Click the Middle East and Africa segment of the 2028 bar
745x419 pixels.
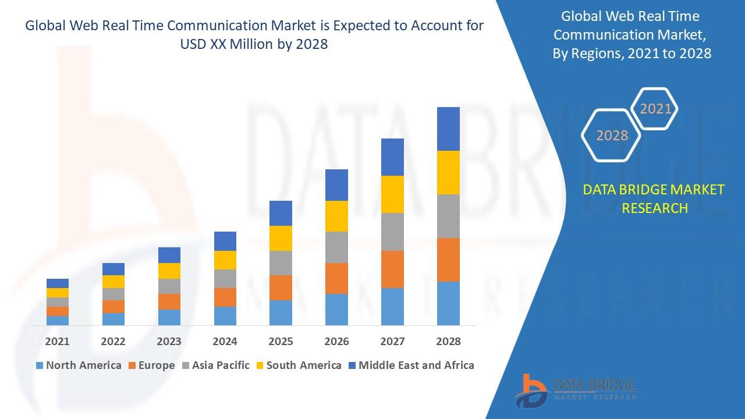point(448,129)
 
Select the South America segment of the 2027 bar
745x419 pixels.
point(392,194)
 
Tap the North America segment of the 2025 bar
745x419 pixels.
point(281,313)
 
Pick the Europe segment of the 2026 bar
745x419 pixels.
point(336,278)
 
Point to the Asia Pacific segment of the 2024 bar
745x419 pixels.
point(225,278)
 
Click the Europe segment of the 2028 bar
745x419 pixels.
point(448,260)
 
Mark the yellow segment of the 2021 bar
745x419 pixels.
point(58,293)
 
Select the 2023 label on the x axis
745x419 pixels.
point(169,342)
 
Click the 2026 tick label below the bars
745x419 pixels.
point(336,342)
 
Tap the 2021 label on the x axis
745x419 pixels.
point(58,342)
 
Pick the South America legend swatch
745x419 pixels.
point(260,365)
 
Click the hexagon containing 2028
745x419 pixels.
point(612,135)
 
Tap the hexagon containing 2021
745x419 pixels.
point(655,109)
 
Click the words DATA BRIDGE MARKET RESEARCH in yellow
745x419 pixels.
point(654,198)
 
